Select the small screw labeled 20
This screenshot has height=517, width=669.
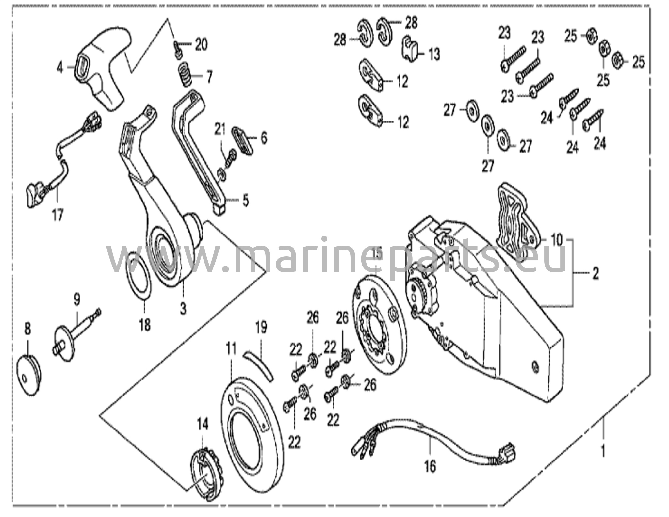(178, 49)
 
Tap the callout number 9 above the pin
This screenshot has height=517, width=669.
(76, 299)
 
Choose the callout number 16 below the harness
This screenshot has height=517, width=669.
(431, 466)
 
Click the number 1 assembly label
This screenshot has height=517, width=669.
(603, 452)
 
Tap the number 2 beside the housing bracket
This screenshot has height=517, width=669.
(596, 273)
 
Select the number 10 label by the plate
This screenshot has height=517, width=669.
(556, 240)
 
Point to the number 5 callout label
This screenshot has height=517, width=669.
(245, 200)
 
